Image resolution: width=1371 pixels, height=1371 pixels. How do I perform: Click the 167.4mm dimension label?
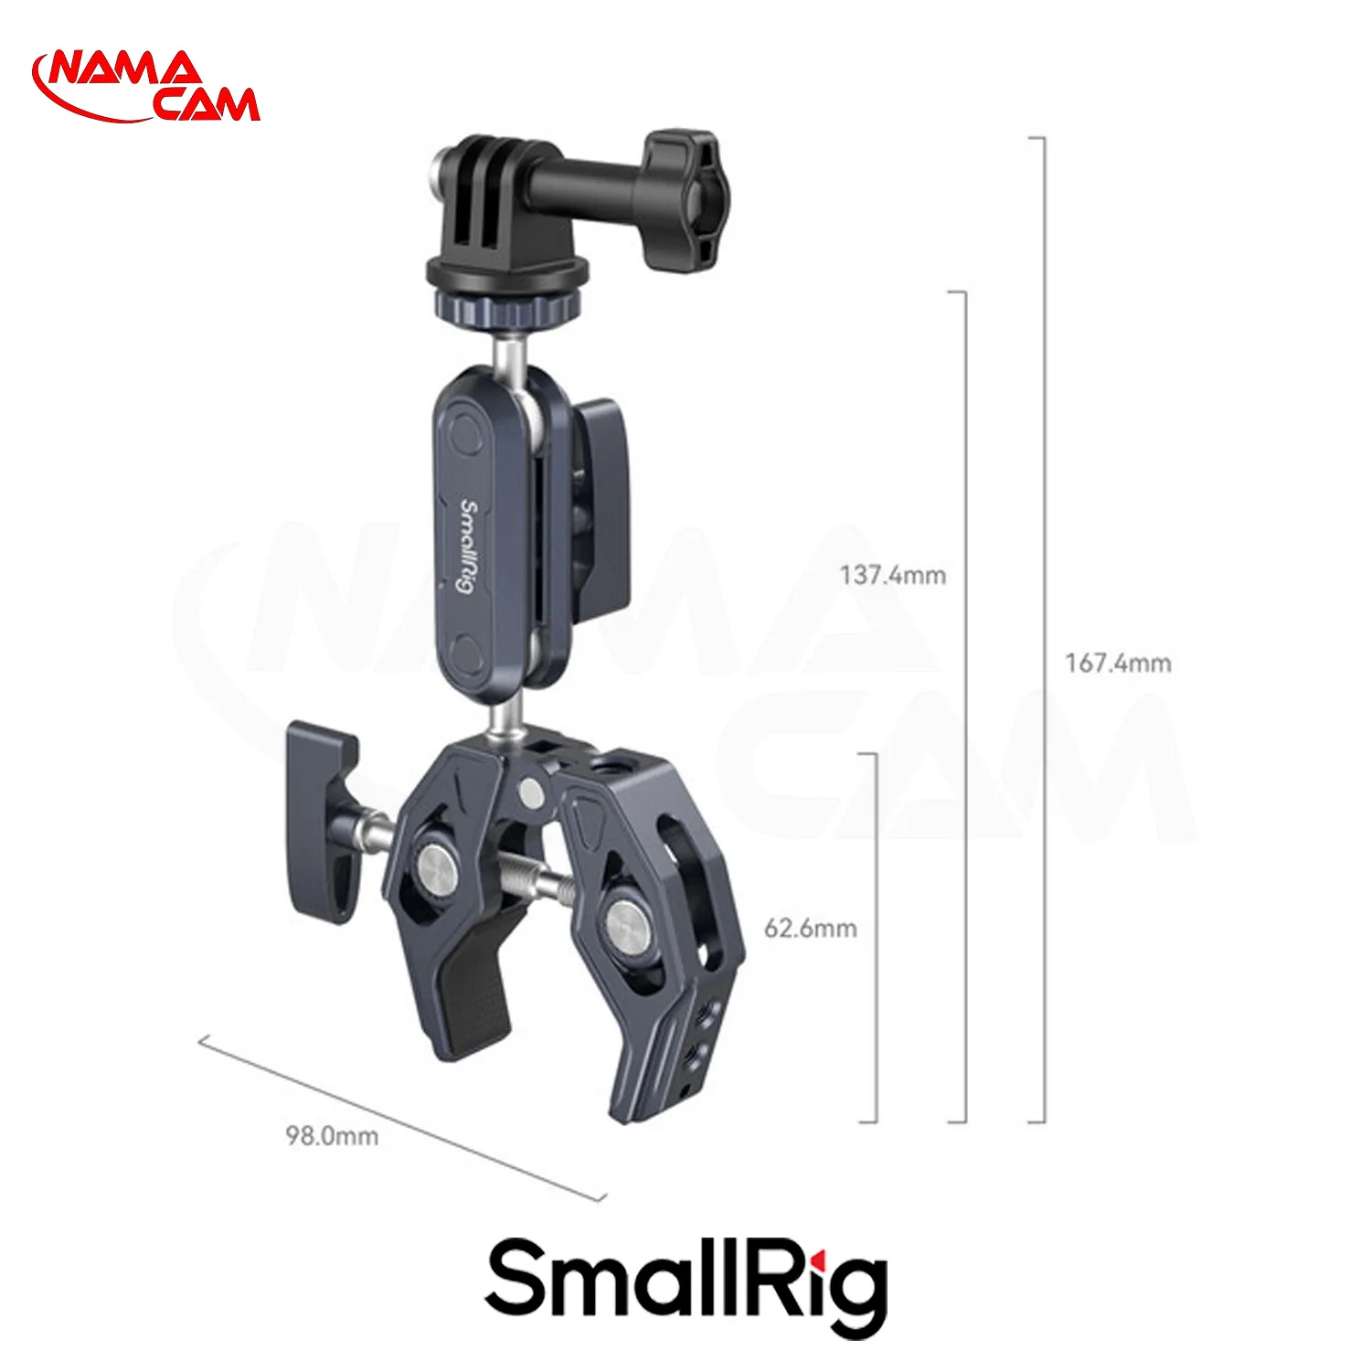1118,663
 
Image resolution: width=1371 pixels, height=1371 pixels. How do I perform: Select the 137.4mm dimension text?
893,575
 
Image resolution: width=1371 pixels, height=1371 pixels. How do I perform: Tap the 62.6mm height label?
811,928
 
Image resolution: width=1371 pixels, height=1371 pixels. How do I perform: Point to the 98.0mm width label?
332,1136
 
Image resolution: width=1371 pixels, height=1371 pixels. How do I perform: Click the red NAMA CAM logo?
146,87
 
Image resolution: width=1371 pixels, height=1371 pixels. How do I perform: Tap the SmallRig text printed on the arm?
467,545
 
